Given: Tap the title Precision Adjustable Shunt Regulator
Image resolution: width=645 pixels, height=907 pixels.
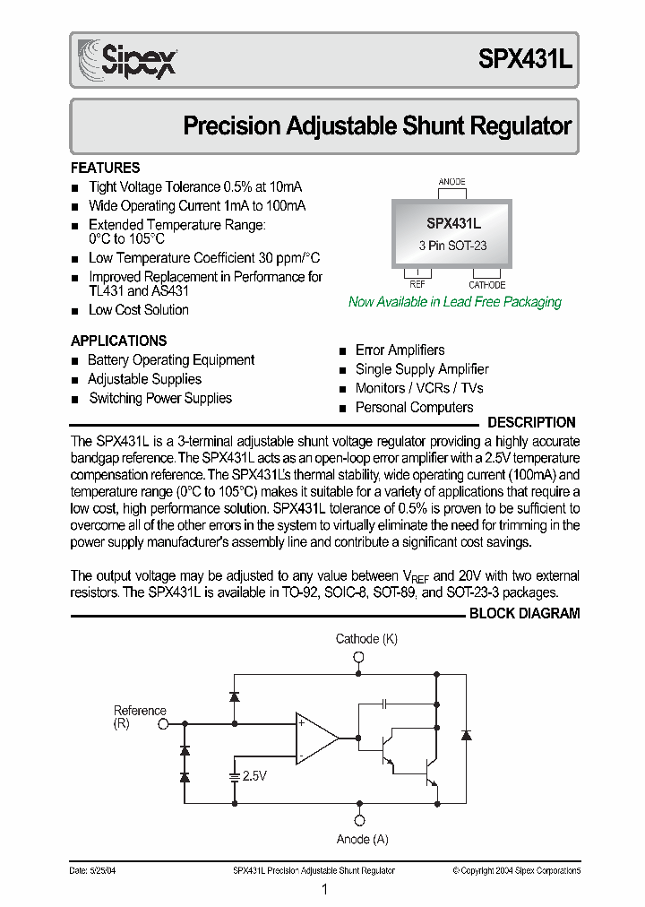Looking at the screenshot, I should click(x=376, y=126).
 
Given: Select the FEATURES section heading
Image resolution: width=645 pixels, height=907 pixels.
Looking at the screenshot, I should click(x=105, y=168).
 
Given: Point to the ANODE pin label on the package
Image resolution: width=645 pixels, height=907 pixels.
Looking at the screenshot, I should click(x=451, y=182).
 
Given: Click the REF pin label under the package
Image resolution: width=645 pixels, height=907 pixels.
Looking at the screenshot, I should click(x=417, y=285).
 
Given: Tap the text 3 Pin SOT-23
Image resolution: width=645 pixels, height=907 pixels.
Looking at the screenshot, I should click(x=452, y=245).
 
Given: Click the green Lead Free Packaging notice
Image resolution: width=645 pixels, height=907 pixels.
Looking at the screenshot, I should click(x=454, y=302).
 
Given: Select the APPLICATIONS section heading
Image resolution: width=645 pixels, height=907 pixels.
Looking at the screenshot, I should click(x=118, y=341).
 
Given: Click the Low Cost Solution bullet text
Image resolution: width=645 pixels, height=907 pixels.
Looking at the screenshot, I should click(x=139, y=310).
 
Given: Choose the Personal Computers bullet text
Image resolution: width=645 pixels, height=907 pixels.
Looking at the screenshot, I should click(x=414, y=408).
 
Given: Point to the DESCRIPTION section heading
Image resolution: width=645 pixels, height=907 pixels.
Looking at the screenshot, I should click(x=531, y=422).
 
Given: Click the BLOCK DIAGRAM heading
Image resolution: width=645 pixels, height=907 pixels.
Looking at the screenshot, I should click(x=524, y=614).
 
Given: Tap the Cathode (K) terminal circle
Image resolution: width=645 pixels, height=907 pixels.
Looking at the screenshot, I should click(x=359, y=657).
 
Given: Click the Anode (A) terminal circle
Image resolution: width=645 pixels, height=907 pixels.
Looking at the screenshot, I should click(x=359, y=820).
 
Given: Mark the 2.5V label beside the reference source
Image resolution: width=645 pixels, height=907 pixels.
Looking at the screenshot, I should click(x=254, y=776).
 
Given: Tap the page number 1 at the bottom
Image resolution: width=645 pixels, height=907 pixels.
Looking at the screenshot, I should click(x=323, y=889).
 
